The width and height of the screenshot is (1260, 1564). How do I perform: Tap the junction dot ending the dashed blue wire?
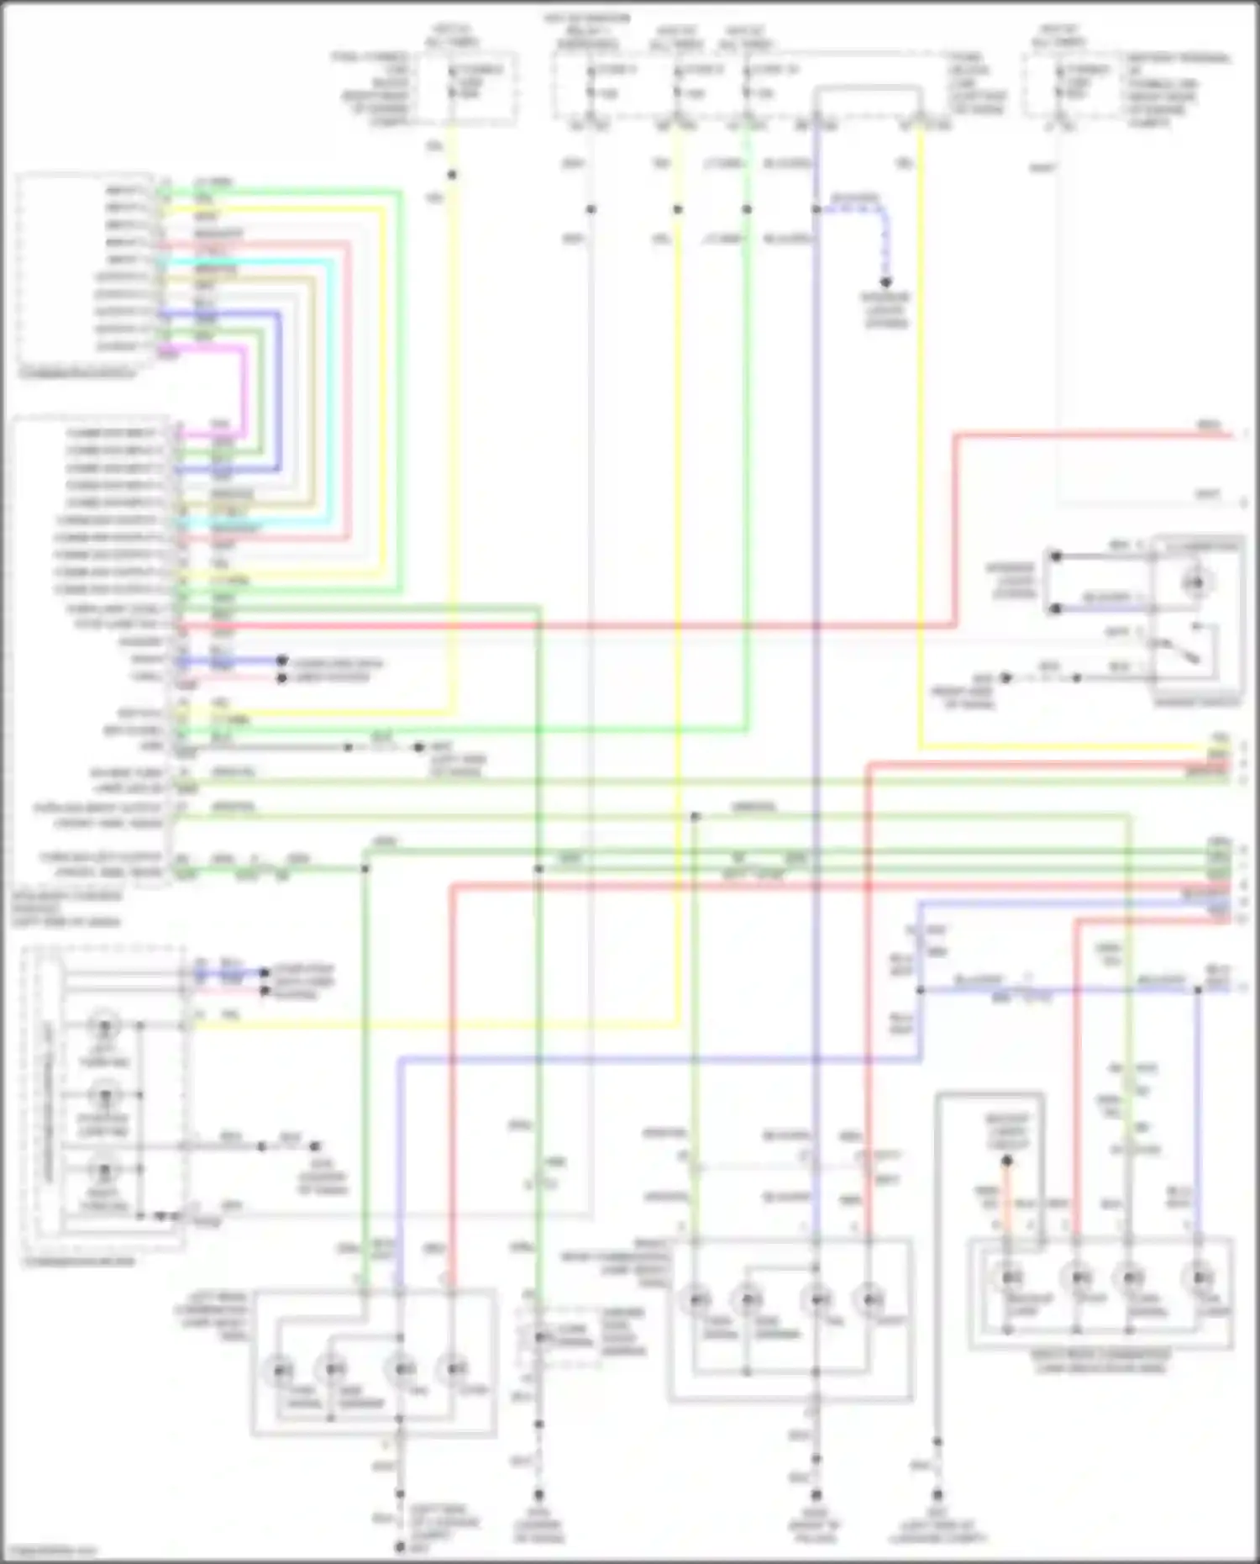[x=885, y=282]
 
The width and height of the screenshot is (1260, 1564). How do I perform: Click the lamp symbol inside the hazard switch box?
[x=1196, y=582]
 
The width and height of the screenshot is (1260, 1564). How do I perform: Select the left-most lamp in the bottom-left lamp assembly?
[x=281, y=1371]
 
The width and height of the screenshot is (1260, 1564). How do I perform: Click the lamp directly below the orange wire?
[x=1008, y=1278]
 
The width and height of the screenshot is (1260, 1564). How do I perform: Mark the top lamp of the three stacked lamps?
[x=106, y=1025]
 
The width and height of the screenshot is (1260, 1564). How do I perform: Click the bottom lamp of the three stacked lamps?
[x=106, y=1170]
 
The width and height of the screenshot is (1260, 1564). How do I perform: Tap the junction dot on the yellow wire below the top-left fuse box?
[x=452, y=175]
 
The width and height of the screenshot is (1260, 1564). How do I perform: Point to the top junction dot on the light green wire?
[x=747, y=209]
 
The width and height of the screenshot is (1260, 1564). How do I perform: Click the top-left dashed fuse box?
[x=472, y=88]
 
